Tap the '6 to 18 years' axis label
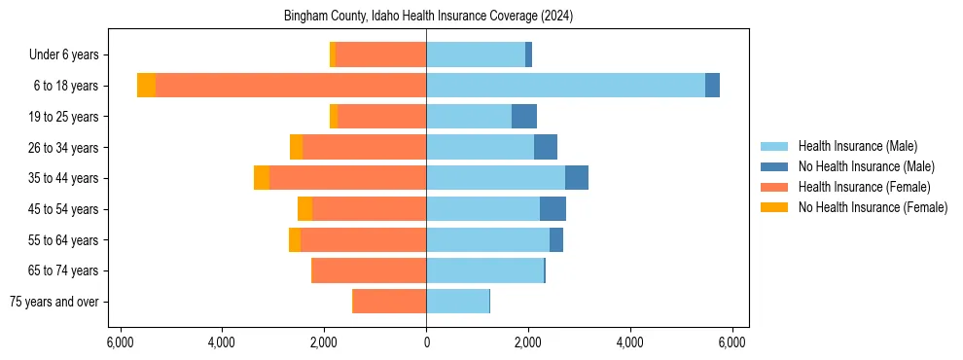pos(65,86)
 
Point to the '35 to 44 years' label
pos(63,178)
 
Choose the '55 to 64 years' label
pos(63,240)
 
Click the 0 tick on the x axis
pos(426,342)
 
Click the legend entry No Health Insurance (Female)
pos(873,207)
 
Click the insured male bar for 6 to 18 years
pos(565,86)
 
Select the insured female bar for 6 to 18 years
pos(291,86)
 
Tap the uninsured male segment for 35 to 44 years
pos(577,178)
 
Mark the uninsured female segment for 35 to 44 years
pos(262,178)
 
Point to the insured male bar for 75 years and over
pos(457,302)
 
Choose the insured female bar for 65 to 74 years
pos(369,270)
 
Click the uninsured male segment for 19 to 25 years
pos(524,117)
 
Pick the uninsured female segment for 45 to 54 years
pos(305,209)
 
